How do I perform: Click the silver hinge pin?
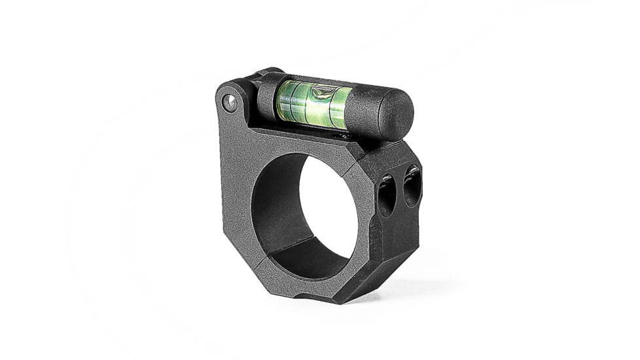[230, 102]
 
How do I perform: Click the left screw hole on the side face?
[385, 194]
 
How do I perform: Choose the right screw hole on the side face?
[412, 186]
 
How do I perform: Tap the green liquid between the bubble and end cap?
[340, 106]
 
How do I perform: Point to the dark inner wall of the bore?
[275, 209]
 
